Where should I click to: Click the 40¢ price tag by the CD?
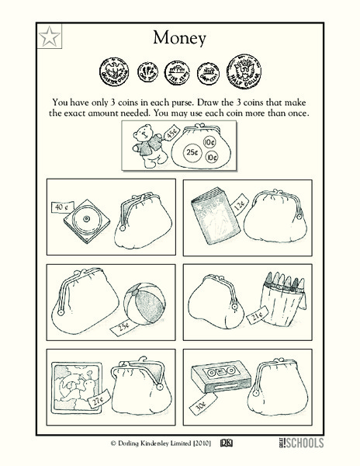coord(64,207)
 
